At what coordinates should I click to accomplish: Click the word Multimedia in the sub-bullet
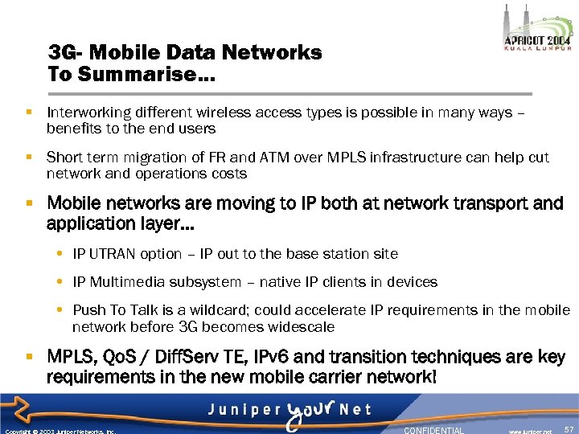point(127,282)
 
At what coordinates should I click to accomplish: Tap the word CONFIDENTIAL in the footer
point(433,430)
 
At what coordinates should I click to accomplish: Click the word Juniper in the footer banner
point(242,409)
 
